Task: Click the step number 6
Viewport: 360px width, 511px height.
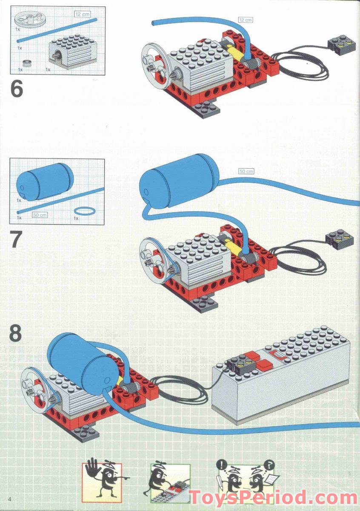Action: tap(17, 89)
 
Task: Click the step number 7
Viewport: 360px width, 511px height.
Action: tap(16, 240)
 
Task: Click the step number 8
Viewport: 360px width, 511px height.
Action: tap(15, 333)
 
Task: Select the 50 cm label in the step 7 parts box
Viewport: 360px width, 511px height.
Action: tap(40, 215)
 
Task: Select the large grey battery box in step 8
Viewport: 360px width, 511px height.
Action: tap(281, 375)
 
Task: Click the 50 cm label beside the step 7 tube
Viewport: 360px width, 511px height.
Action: tap(246, 171)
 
